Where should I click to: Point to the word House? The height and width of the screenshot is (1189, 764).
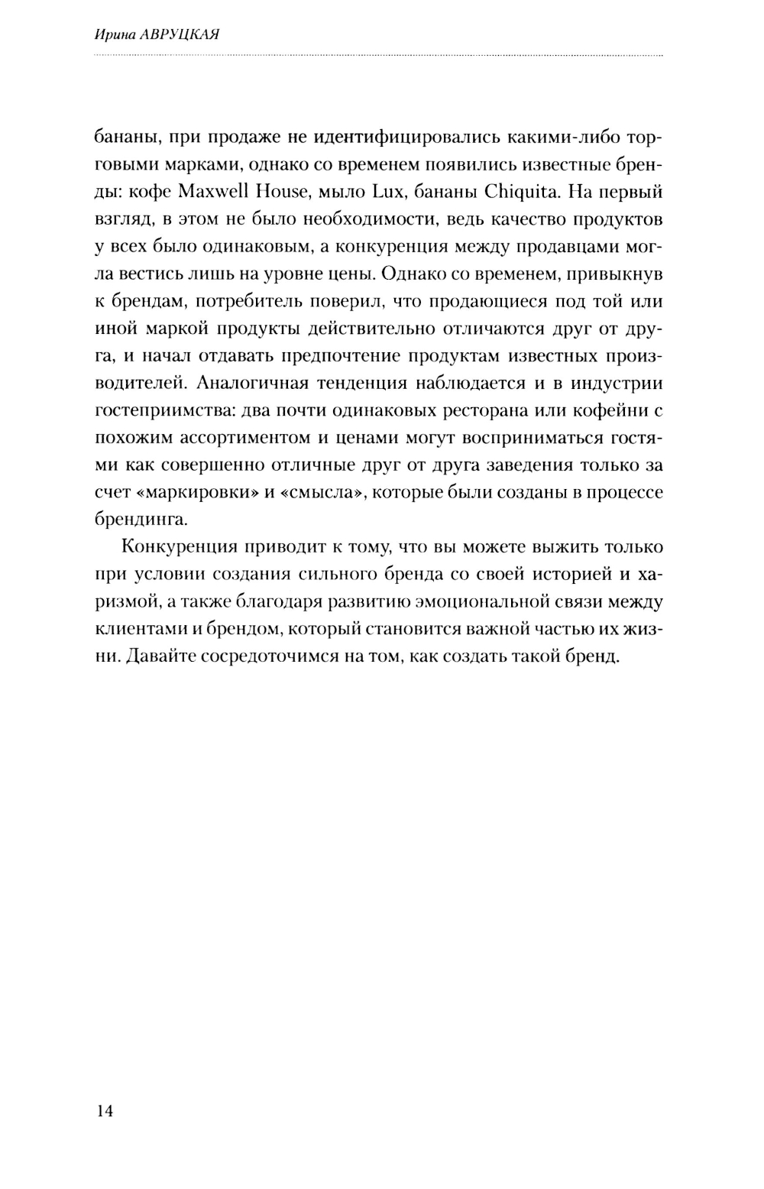[294, 191]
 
